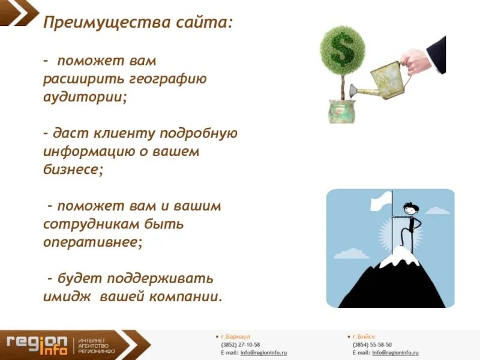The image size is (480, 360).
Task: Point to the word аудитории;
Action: coord(85,97)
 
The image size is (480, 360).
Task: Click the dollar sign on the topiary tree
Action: coord(343,49)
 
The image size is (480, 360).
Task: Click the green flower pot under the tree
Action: coord(343,111)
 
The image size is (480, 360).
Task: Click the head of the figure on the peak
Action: coord(411,209)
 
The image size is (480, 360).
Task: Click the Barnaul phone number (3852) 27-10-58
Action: coord(241,345)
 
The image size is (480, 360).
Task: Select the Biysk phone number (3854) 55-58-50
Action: coord(372,345)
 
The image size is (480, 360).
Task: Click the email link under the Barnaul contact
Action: coord(263,353)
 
